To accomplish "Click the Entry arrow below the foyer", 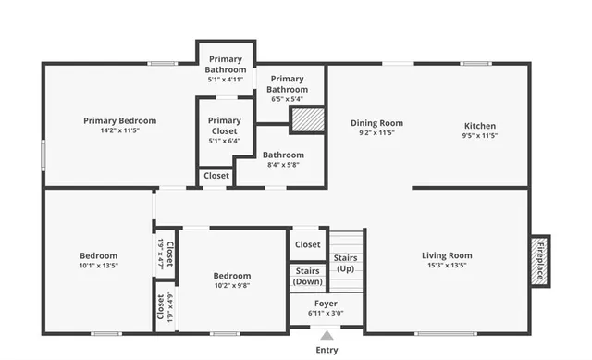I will (326, 336).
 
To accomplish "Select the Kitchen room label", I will (479, 126).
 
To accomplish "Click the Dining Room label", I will (376, 123).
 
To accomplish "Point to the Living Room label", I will (447, 255).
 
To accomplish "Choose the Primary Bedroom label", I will (119, 120).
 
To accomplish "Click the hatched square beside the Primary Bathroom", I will (307, 120).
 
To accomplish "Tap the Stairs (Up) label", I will (345, 263).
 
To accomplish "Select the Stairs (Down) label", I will (307, 276).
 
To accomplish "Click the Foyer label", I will (326, 303).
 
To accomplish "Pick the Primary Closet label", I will (224, 126).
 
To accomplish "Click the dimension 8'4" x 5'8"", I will (283, 165).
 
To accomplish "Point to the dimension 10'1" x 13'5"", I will (98, 266).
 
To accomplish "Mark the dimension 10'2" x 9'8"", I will (231, 285).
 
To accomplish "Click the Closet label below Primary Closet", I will (216, 175).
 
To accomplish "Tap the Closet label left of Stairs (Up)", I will (307, 244).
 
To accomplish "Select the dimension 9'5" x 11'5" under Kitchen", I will (479, 136).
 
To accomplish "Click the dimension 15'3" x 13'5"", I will (447, 266).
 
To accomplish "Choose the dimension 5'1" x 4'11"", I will (226, 80).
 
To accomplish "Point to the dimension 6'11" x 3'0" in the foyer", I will (326, 313).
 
